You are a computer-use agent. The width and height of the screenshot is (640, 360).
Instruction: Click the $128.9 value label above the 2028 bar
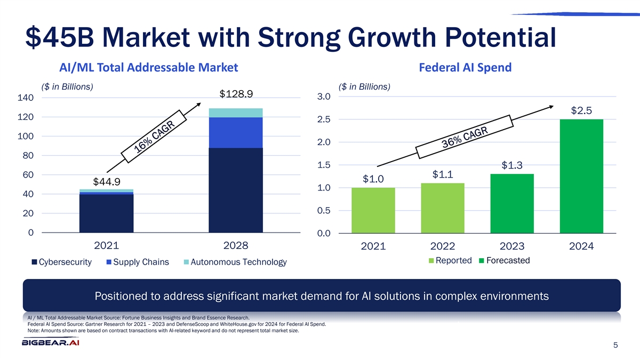[x=236, y=94]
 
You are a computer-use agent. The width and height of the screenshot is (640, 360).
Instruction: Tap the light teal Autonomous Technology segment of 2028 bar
[x=236, y=113]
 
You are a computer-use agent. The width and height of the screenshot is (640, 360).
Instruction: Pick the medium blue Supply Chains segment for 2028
[x=236, y=132]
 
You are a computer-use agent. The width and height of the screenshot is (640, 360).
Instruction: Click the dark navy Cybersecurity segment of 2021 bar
[x=106, y=213]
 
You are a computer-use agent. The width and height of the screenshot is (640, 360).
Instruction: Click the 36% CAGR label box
[x=465, y=137]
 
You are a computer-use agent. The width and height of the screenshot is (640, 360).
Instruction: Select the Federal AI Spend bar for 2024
[x=581, y=176]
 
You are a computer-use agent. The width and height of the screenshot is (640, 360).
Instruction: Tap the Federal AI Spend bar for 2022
[x=442, y=208]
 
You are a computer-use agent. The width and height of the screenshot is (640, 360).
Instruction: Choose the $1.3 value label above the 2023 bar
[x=512, y=165]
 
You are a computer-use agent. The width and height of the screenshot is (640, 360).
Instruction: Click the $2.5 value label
[x=581, y=111]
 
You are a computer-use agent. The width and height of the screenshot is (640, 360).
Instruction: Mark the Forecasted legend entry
[x=505, y=261]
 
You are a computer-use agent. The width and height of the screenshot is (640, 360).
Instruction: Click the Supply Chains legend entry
[x=137, y=262]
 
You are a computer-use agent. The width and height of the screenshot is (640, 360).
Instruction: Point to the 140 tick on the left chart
[x=26, y=98]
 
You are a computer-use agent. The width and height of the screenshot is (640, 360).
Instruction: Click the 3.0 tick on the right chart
[x=323, y=97]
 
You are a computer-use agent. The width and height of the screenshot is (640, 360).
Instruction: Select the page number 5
[x=615, y=346]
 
